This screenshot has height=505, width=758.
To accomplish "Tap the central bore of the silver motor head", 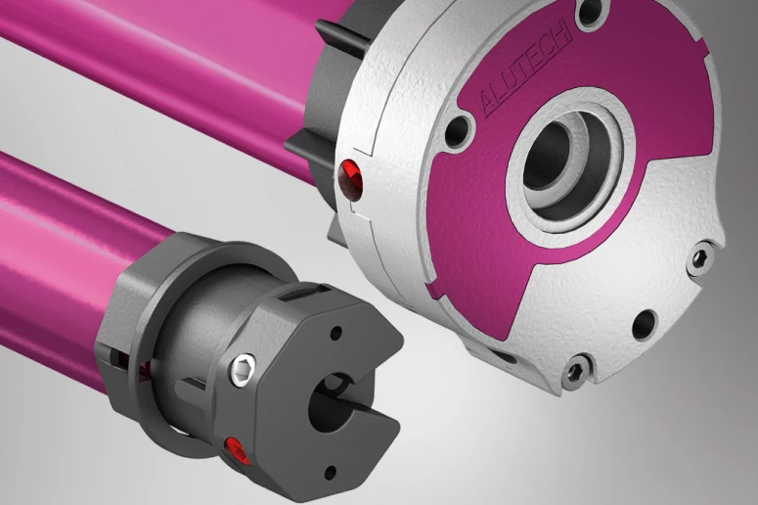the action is tap(550, 156).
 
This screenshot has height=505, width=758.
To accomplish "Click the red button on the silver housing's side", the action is tap(352, 179).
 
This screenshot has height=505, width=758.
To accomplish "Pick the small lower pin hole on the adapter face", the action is tap(331, 471).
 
